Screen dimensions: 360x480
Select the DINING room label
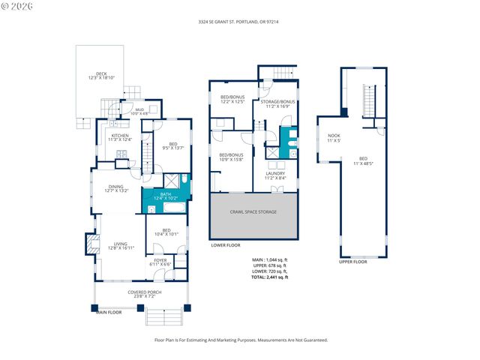[115, 188]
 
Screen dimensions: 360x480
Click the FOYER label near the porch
[160, 262]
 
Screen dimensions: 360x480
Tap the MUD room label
[139, 111]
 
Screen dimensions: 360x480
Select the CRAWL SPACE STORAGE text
[253, 212]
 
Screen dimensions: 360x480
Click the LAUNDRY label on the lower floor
[275, 175]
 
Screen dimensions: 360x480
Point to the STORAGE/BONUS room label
[277, 104]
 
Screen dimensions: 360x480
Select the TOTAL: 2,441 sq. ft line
[270, 277]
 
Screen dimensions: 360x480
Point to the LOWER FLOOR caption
[225, 245]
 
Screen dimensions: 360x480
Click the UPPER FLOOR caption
[352, 262]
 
